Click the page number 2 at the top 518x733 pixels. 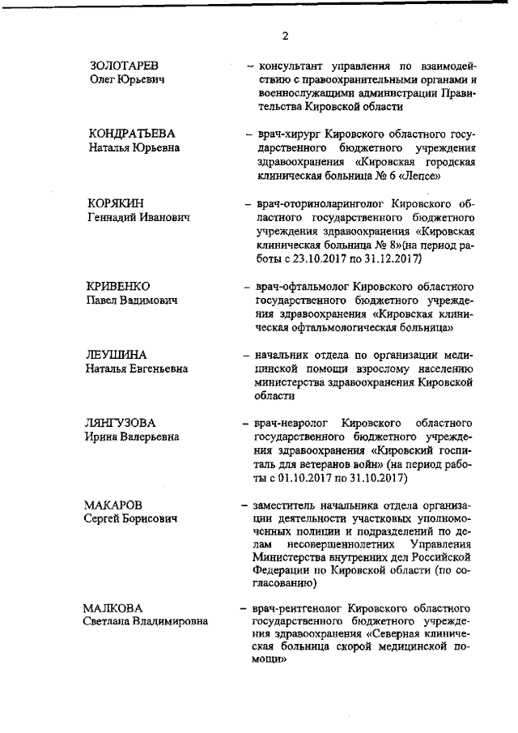(x=286, y=36)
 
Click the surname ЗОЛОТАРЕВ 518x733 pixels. (x=123, y=66)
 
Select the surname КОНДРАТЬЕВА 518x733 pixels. (x=131, y=133)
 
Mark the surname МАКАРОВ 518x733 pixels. (x=117, y=505)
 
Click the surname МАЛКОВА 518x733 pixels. (x=113, y=608)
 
